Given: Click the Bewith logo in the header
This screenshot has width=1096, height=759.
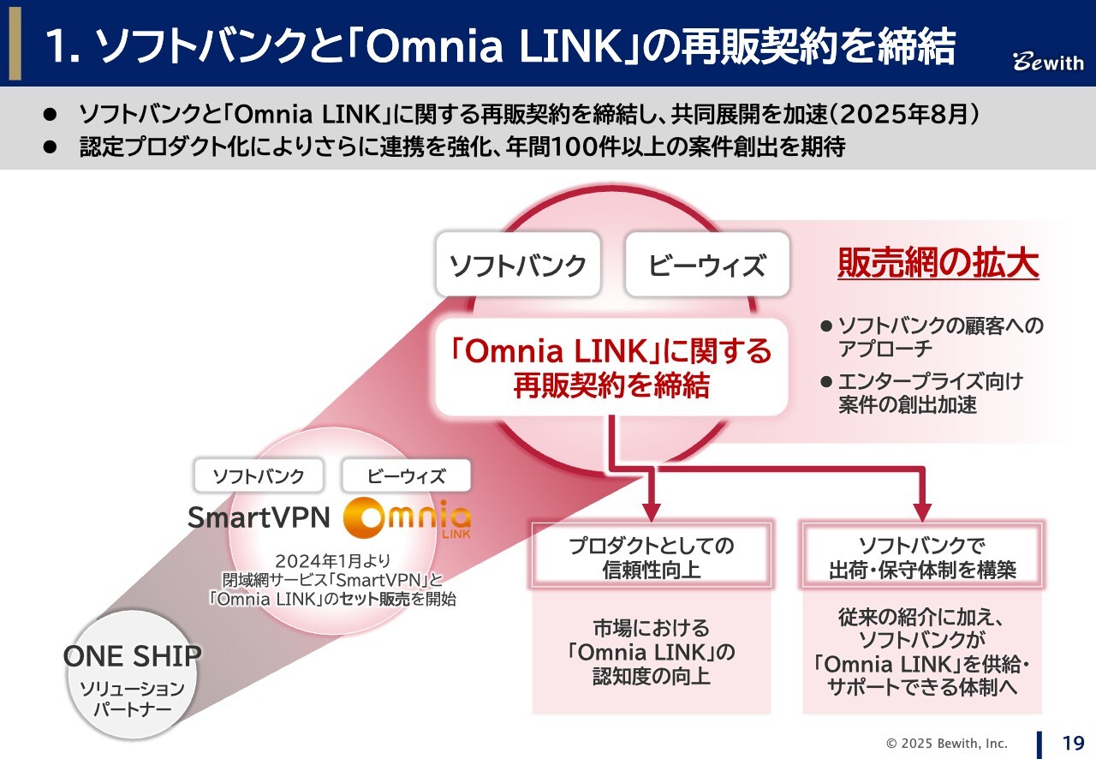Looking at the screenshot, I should click(1048, 63).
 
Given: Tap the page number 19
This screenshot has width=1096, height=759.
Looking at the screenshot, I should click(1073, 743).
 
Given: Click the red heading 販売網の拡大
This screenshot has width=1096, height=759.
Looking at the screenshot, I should click(938, 265).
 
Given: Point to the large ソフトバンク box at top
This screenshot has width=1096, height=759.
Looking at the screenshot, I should click(518, 265).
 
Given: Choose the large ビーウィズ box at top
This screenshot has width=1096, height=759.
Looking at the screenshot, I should click(706, 265).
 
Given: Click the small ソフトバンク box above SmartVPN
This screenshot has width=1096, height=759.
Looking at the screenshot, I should click(258, 476).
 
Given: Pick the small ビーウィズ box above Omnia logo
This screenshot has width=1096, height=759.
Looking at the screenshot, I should click(406, 476).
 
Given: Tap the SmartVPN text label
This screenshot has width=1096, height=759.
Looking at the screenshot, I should click(258, 517).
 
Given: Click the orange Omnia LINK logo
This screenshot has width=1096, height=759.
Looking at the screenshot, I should click(406, 517).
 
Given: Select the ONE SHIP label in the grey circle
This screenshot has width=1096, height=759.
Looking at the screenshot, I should click(132, 656).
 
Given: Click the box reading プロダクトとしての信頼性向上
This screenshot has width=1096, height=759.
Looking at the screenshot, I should click(652, 557).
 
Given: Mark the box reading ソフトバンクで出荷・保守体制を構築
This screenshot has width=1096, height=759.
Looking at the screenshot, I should click(922, 557).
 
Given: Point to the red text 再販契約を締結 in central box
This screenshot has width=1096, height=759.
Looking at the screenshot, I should click(611, 385).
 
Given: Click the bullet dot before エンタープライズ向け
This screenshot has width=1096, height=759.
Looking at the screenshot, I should click(826, 382).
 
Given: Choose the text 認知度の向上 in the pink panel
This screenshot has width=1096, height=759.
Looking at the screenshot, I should click(652, 677).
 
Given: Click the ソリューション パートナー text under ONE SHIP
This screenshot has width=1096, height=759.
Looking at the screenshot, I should click(132, 699).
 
